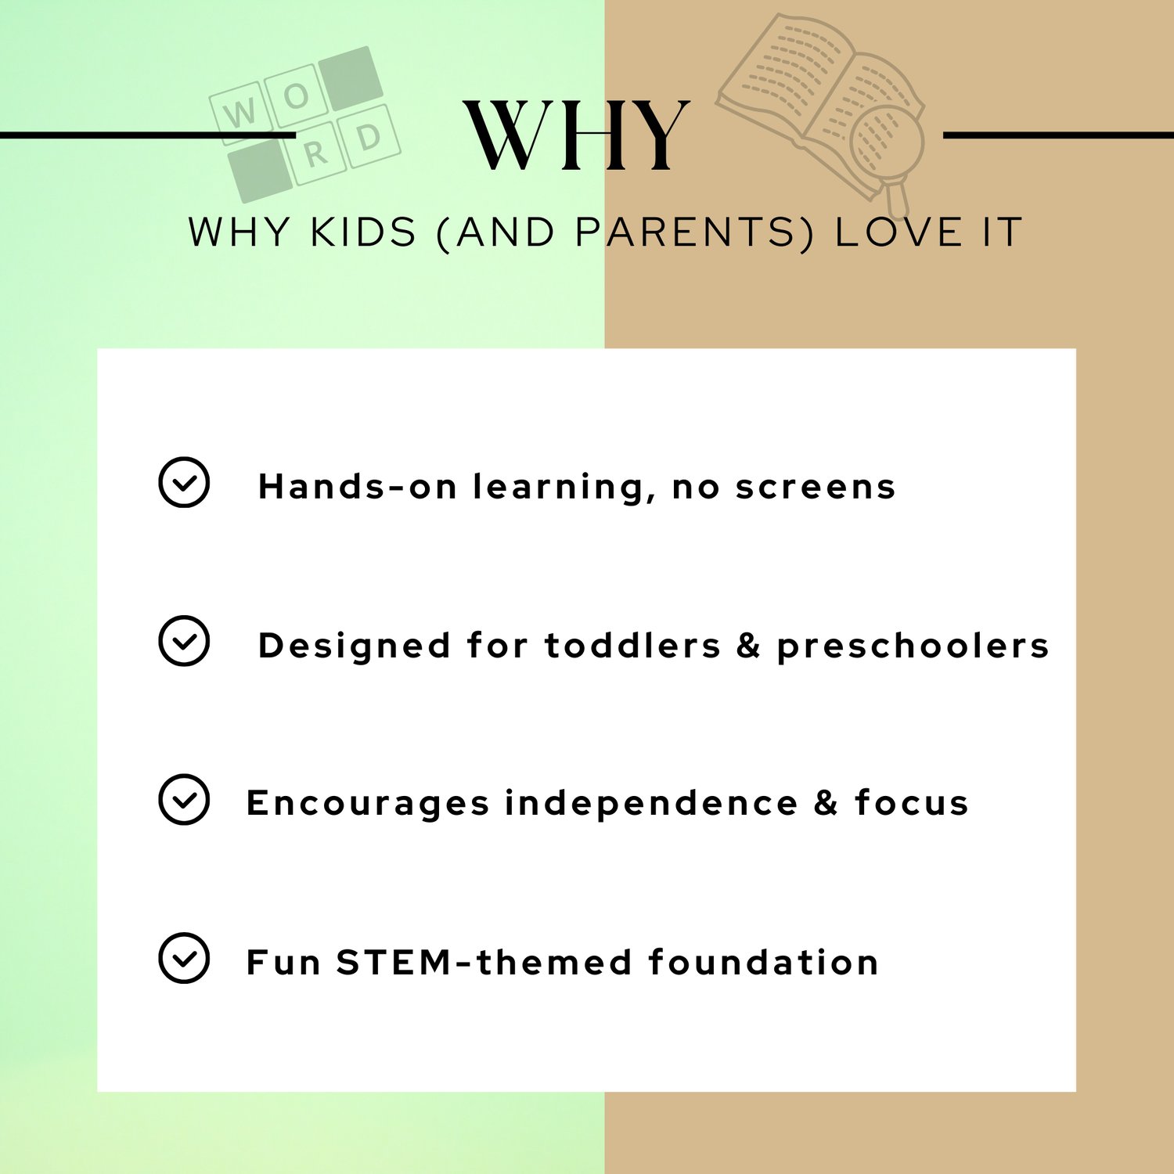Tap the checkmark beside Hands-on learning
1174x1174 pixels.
tap(184, 482)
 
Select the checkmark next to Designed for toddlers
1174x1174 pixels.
tap(184, 641)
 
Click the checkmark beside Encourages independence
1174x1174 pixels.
tap(184, 799)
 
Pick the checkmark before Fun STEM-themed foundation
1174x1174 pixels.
tap(184, 958)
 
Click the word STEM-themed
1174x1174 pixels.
tap(484, 962)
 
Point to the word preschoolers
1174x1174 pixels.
tap(913, 646)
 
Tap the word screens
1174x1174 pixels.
tap(816, 488)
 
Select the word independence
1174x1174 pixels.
tap(651, 803)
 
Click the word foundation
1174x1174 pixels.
tap(764, 962)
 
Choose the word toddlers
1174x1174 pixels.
tap(632, 646)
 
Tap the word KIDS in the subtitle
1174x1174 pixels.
tap(363, 232)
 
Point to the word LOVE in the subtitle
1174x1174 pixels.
tap(899, 232)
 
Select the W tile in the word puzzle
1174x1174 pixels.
tap(240, 113)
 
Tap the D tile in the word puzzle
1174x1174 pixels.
tap(369, 138)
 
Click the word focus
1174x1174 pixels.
tap(912, 803)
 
